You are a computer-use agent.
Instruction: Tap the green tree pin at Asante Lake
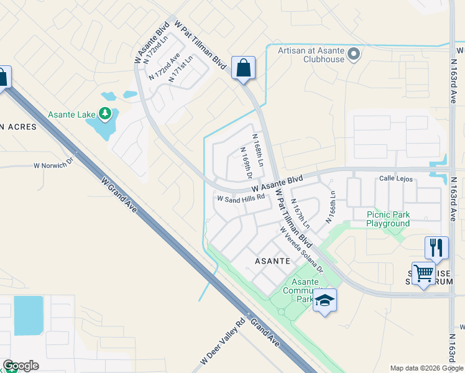[106, 113]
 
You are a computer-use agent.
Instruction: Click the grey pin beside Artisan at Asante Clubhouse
[354, 55]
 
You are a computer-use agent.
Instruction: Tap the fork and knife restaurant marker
[436, 247]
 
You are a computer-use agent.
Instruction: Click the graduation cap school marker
[325, 300]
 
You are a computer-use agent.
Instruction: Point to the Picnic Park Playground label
[388, 219]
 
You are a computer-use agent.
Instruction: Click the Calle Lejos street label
[396, 179]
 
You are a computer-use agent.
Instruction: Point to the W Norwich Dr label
[53, 166]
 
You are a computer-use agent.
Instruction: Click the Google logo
[21, 366]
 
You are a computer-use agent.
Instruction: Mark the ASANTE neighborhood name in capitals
[273, 261]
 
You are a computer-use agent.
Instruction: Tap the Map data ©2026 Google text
[426, 368]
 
